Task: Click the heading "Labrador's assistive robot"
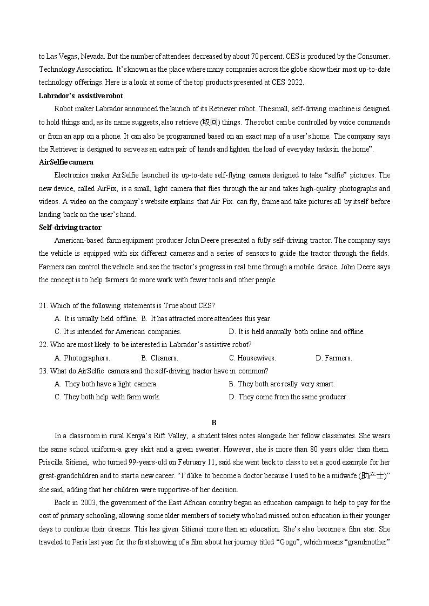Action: (81, 96)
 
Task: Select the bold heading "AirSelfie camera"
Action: (66, 162)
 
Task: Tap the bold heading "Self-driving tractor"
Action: (70, 227)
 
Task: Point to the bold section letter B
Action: (214, 423)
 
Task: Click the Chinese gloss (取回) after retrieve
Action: (209, 122)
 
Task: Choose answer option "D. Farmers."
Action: (333, 358)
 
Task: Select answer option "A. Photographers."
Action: (82, 358)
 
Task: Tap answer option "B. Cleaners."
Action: (159, 358)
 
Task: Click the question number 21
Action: (43, 305)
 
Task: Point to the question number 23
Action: (43, 371)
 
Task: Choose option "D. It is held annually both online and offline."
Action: (297, 331)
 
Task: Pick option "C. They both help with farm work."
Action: (108, 397)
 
